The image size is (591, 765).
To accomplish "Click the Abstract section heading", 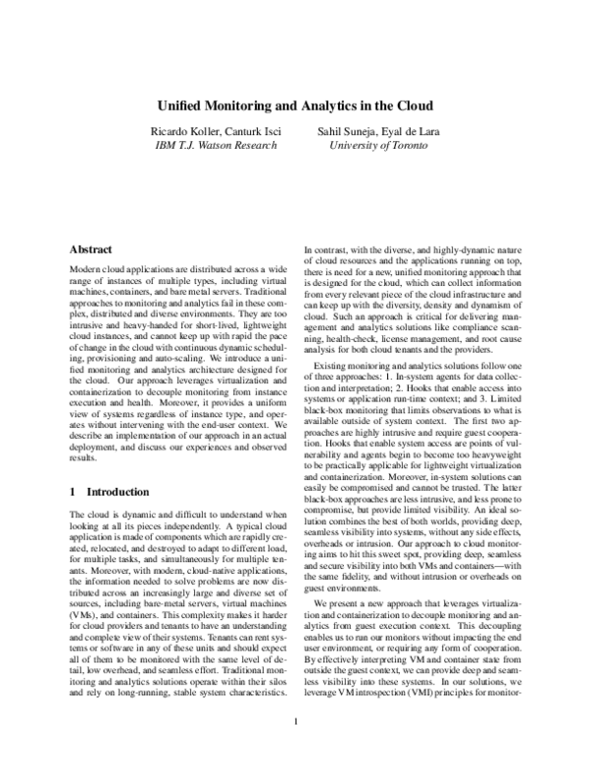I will (92, 251).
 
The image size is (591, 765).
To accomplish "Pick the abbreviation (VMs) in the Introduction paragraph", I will (84, 614).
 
